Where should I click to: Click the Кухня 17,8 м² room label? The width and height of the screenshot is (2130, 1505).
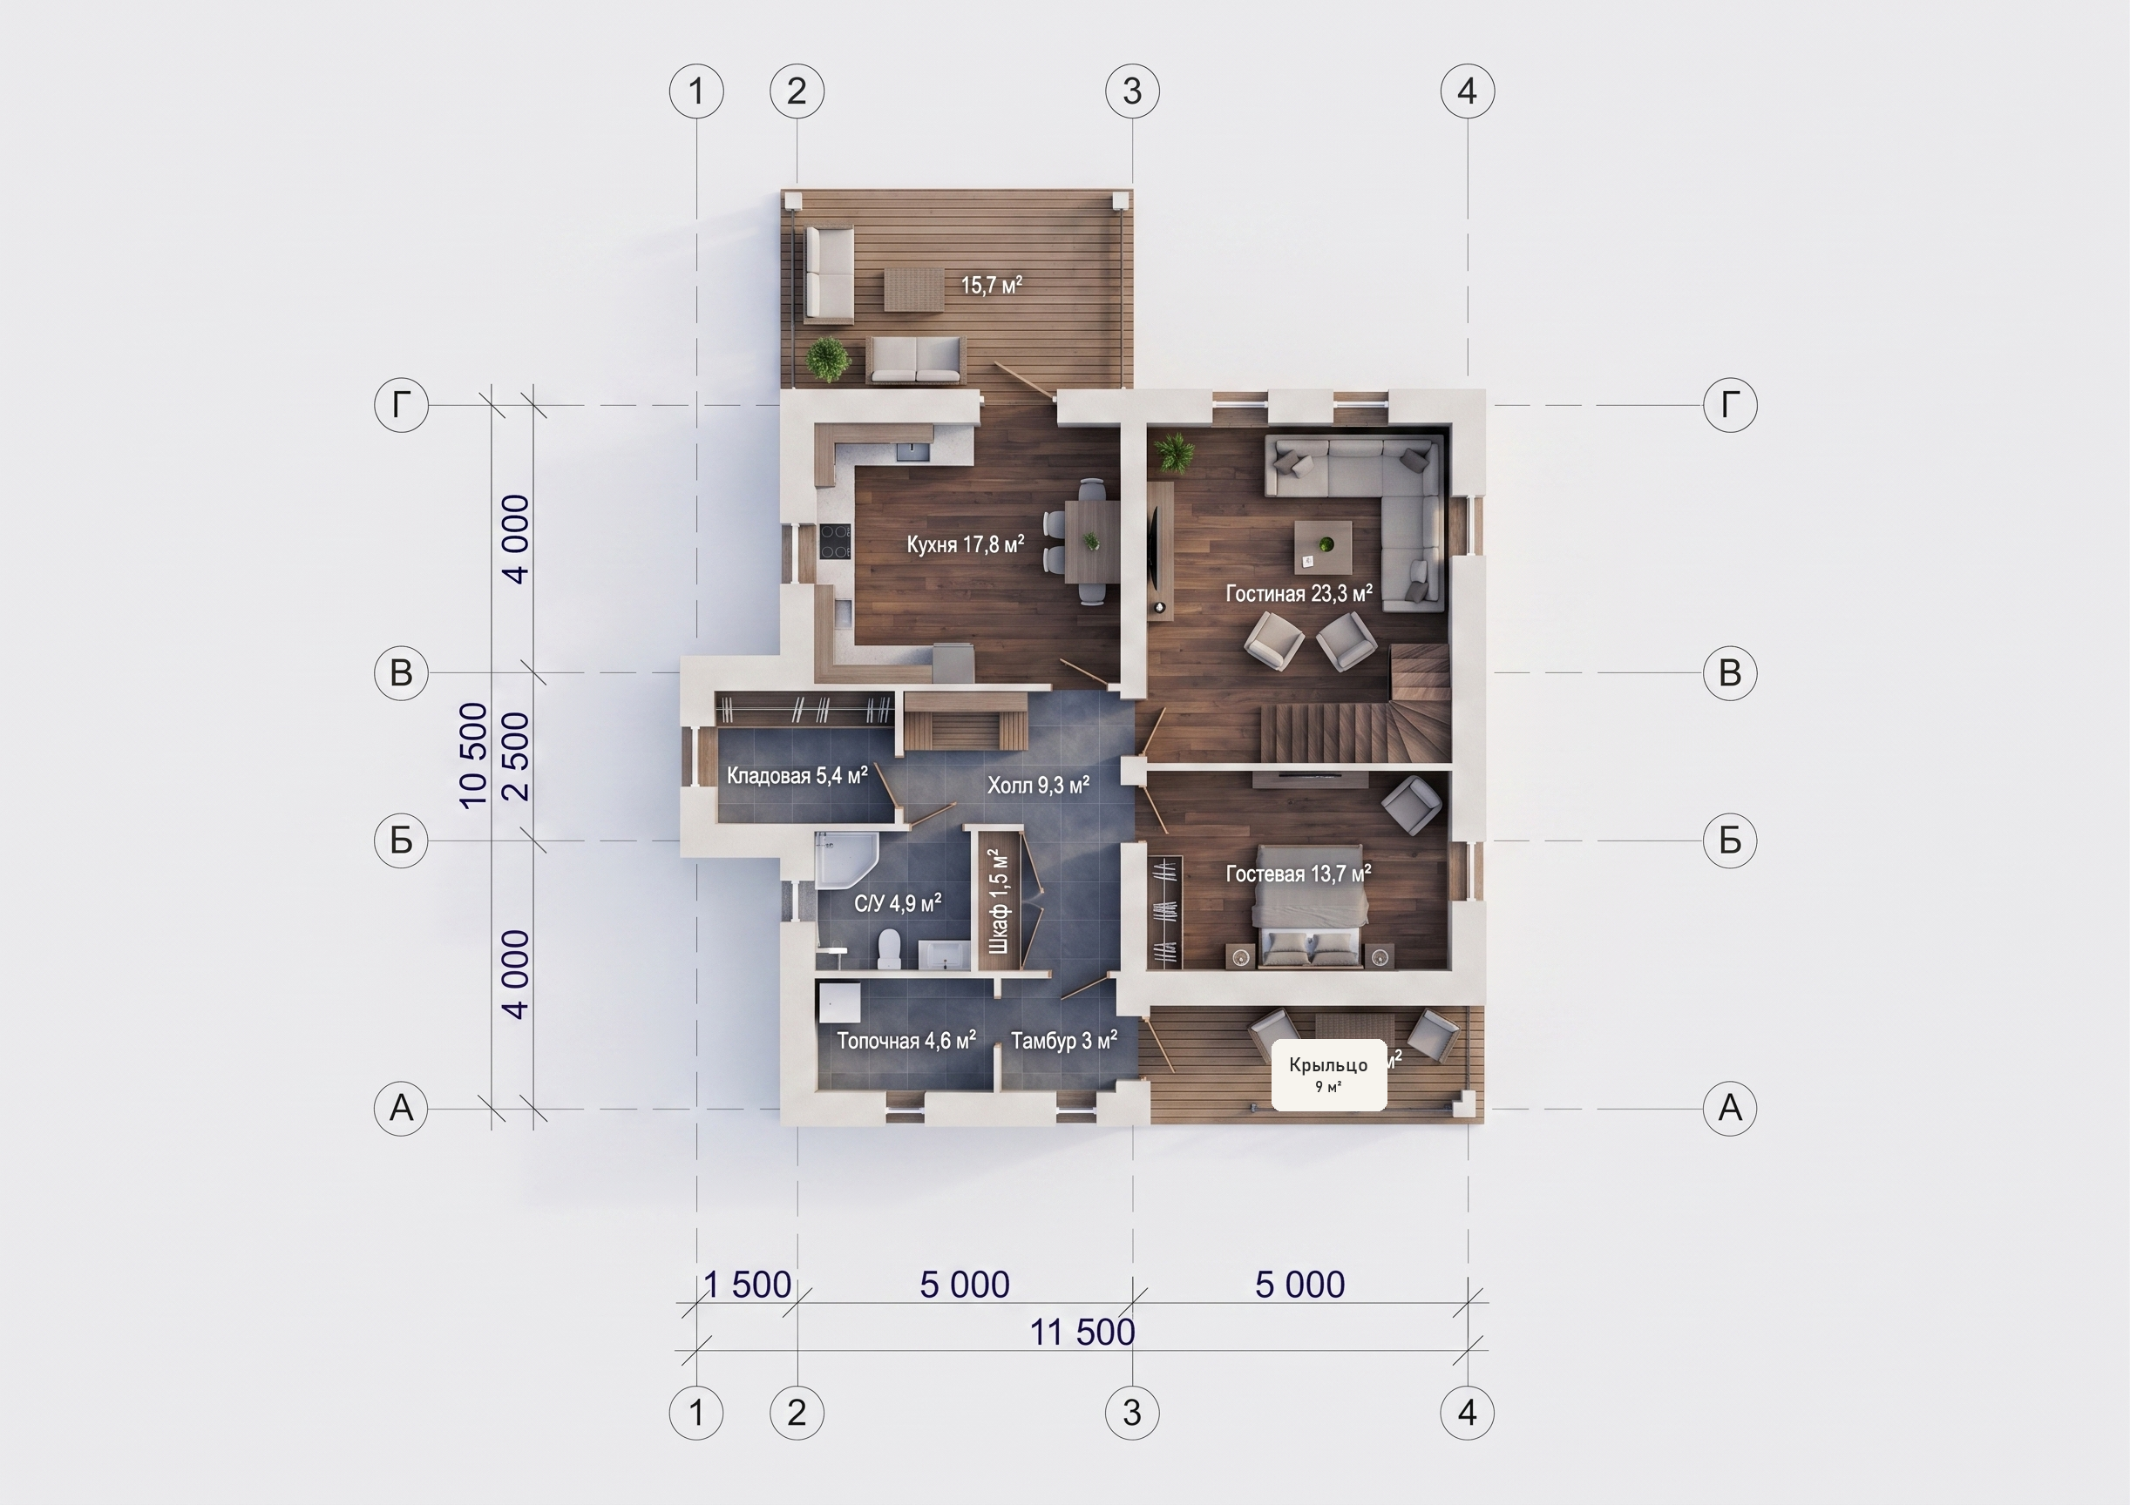965,544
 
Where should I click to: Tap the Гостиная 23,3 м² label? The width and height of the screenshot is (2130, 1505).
1299,593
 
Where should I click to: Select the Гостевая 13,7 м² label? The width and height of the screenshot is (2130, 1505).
1298,874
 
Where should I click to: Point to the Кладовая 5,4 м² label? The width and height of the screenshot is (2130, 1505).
797,775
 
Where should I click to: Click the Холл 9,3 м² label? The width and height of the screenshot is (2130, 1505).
1038,786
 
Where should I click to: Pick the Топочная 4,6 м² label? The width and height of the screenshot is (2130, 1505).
906,1041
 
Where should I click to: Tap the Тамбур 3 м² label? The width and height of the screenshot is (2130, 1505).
1064,1041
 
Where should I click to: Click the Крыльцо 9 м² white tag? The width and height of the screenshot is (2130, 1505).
1328,1075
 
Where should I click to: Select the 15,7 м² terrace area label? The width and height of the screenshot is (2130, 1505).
991,285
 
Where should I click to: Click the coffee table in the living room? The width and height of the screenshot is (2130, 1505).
1323,547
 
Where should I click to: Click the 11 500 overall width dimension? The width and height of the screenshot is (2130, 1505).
1082,1333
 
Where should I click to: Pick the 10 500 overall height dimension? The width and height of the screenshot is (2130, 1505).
473,756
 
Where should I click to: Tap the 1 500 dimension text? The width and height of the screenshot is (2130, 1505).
748,1285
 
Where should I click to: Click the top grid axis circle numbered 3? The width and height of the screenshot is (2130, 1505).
1132,91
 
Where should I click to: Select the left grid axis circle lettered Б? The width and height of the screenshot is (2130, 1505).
401,840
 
